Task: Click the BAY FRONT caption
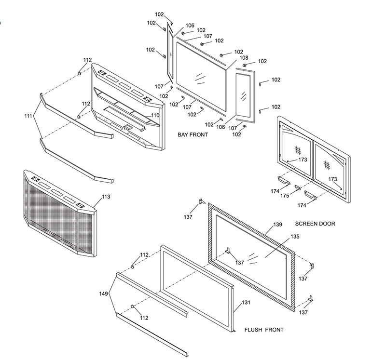pyautogui.click(x=193, y=135)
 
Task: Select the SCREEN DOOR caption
pyautogui.click(x=315, y=224)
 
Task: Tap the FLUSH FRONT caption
pyautogui.click(x=264, y=330)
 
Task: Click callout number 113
pyautogui.click(x=106, y=197)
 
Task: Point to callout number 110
pyautogui.click(x=155, y=115)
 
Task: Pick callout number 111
pyautogui.click(x=28, y=116)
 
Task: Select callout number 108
pyautogui.click(x=244, y=57)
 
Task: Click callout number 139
pyautogui.click(x=277, y=225)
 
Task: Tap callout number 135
pyautogui.click(x=295, y=237)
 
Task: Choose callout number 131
pyautogui.click(x=246, y=302)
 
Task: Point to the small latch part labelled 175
pyautogui.click(x=297, y=188)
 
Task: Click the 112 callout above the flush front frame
pyautogui.click(x=144, y=254)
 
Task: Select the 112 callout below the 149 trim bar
pyautogui.click(x=144, y=318)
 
